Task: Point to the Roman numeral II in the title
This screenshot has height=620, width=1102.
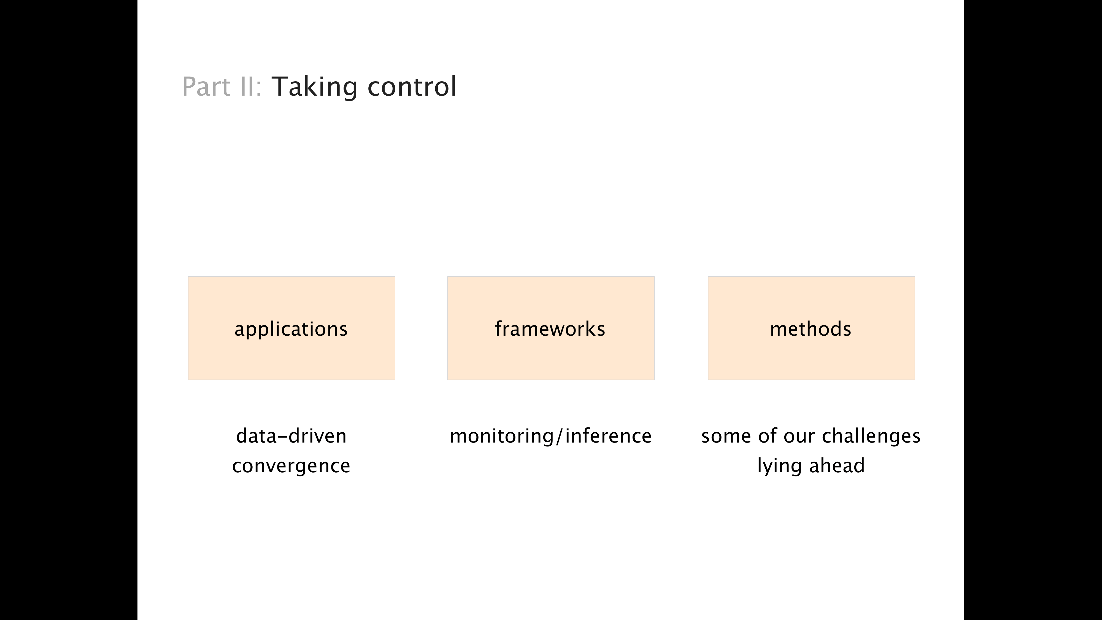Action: pos(247,87)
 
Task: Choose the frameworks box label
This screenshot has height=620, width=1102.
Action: pos(550,329)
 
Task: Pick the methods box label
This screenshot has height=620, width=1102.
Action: pos(811,329)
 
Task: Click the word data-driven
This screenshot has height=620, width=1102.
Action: pos(291,436)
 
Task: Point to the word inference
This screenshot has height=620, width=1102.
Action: pos(608,436)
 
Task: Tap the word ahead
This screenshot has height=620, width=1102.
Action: pos(837,465)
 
